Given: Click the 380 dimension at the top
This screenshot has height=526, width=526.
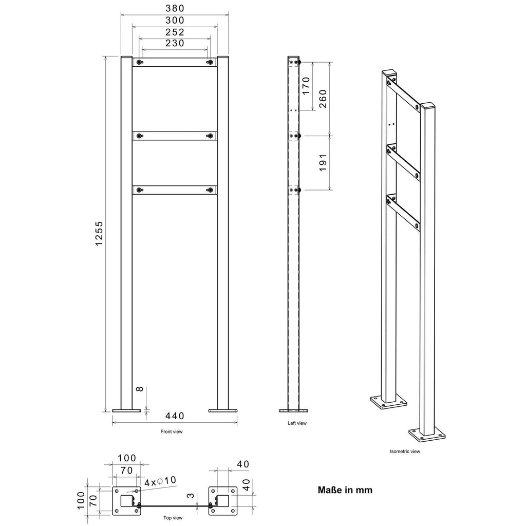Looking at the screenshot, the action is point(175,8).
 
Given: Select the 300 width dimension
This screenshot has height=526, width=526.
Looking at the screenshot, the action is point(175,20).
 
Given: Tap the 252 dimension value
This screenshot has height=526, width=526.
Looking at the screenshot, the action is point(175,32).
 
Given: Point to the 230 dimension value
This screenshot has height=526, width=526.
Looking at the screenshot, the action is point(175,43).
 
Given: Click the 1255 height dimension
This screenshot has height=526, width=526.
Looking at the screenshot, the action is point(99,234).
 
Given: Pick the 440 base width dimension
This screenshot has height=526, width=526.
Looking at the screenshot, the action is point(175,416).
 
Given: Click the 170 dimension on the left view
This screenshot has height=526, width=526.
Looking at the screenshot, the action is point(306,86).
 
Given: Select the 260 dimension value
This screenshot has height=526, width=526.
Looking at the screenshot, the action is point(323,99).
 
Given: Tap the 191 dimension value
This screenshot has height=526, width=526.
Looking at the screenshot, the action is point(323,163).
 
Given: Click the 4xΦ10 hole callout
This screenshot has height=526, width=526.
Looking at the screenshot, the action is point(160,481).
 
